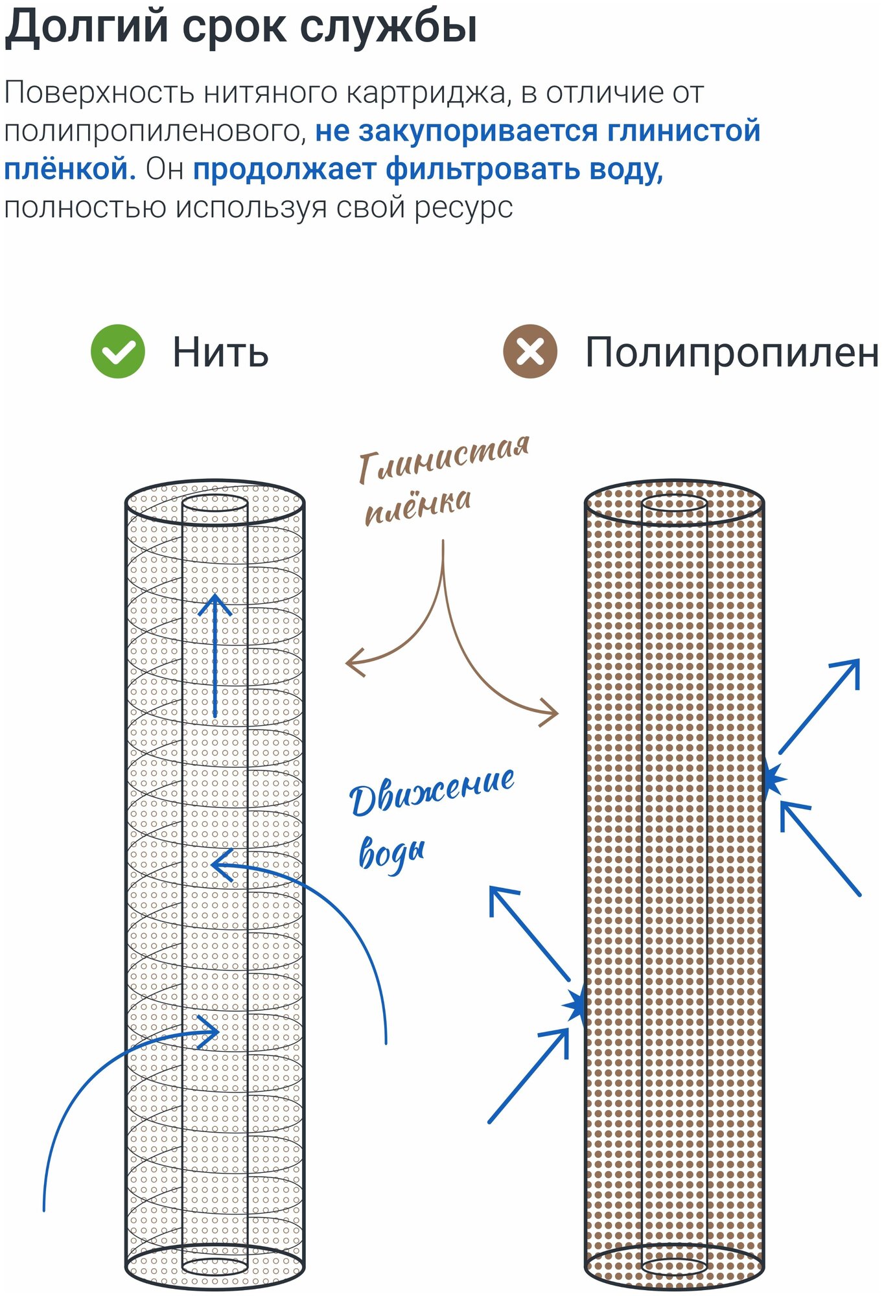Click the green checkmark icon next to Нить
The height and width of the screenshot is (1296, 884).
[x=118, y=351]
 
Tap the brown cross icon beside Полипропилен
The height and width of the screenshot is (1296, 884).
[x=530, y=351]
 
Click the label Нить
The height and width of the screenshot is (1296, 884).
[x=220, y=353]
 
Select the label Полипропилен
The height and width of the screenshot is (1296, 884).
[x=732, y=353]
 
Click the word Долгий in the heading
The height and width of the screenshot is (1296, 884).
[x=87, y=27]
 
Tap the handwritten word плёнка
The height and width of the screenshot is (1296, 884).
[x=418, y=506]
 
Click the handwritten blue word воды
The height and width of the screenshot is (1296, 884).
[x=392, y=852]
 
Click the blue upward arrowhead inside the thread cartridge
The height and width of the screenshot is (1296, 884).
[x=215, y=604]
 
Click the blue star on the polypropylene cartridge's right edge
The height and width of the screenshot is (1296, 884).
[x=773, y=780]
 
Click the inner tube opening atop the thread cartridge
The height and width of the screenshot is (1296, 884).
[x=215, y=503]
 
